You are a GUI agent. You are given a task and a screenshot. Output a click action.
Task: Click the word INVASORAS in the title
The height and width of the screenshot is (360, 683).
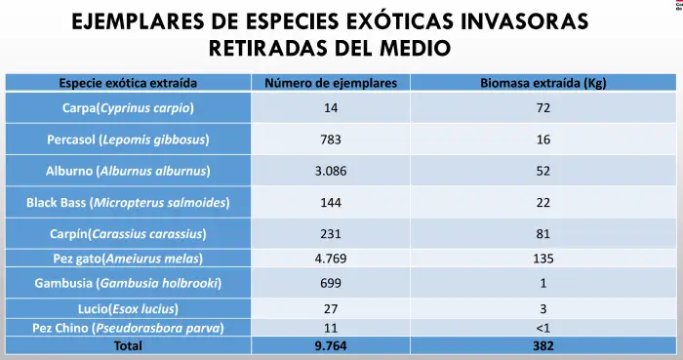pyautogui.click(x=524, y=21)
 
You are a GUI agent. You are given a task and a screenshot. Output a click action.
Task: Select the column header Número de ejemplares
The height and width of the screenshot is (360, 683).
pyautogui.click(x=331, y=83)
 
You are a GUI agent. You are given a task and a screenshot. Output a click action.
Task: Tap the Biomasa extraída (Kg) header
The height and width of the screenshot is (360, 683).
pyautogui.click(x=543, y=83)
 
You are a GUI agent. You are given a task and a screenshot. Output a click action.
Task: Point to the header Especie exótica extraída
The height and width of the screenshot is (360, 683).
pyautogui.click(x=128, y=83)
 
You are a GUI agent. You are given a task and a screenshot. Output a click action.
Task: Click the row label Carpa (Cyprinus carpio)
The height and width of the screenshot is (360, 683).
pyautogui.click(x=128, y=108)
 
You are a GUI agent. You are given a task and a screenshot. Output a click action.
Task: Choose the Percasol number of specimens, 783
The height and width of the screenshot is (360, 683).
pyautogui.click(x=331, y=140)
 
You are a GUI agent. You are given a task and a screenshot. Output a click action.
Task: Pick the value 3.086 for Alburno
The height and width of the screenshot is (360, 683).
pyautogui.click(x=331, y=171)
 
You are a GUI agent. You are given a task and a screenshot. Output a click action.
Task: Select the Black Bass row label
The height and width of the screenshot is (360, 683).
pyautogui.click(x=128, y=202)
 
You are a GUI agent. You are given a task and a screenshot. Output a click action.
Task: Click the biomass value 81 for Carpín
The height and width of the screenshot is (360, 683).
pyautogui.click(x=543, y=234)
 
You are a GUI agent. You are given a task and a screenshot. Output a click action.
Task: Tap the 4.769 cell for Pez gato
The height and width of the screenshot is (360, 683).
pyautogui.click(x=331, y=259)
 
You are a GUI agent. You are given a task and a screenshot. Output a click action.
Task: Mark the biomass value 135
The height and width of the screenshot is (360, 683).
pyautogui.click(x=543, y=259)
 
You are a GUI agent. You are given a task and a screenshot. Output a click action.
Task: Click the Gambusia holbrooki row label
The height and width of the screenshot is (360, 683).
pyautogui.click(x=128, y=283)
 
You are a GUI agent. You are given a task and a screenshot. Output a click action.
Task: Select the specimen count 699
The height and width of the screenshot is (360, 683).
pyautogui.click(x=331, y=283)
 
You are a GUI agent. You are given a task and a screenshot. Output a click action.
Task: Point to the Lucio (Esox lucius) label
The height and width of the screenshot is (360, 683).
pyautogui.click(x=128, y=309)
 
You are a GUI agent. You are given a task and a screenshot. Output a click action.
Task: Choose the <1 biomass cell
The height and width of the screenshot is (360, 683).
pyautogui.click(x=543, y=328)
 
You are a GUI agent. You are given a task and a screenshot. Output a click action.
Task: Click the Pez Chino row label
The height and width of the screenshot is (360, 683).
pyautogui.click(x=128, y=328)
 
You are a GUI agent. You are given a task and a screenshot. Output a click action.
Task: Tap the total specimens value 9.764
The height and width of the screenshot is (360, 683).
pyautogui.click(x=331, y=346)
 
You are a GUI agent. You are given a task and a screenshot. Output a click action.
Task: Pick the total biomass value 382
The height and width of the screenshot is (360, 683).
pyautogui.click(x=543, y=346)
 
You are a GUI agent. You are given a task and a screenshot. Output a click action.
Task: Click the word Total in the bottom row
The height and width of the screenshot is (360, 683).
pyautogui.click(x=128, y=346)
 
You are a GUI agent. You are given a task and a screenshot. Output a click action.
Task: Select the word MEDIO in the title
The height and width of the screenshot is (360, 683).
pyautogui.click(x=415, y=48)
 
